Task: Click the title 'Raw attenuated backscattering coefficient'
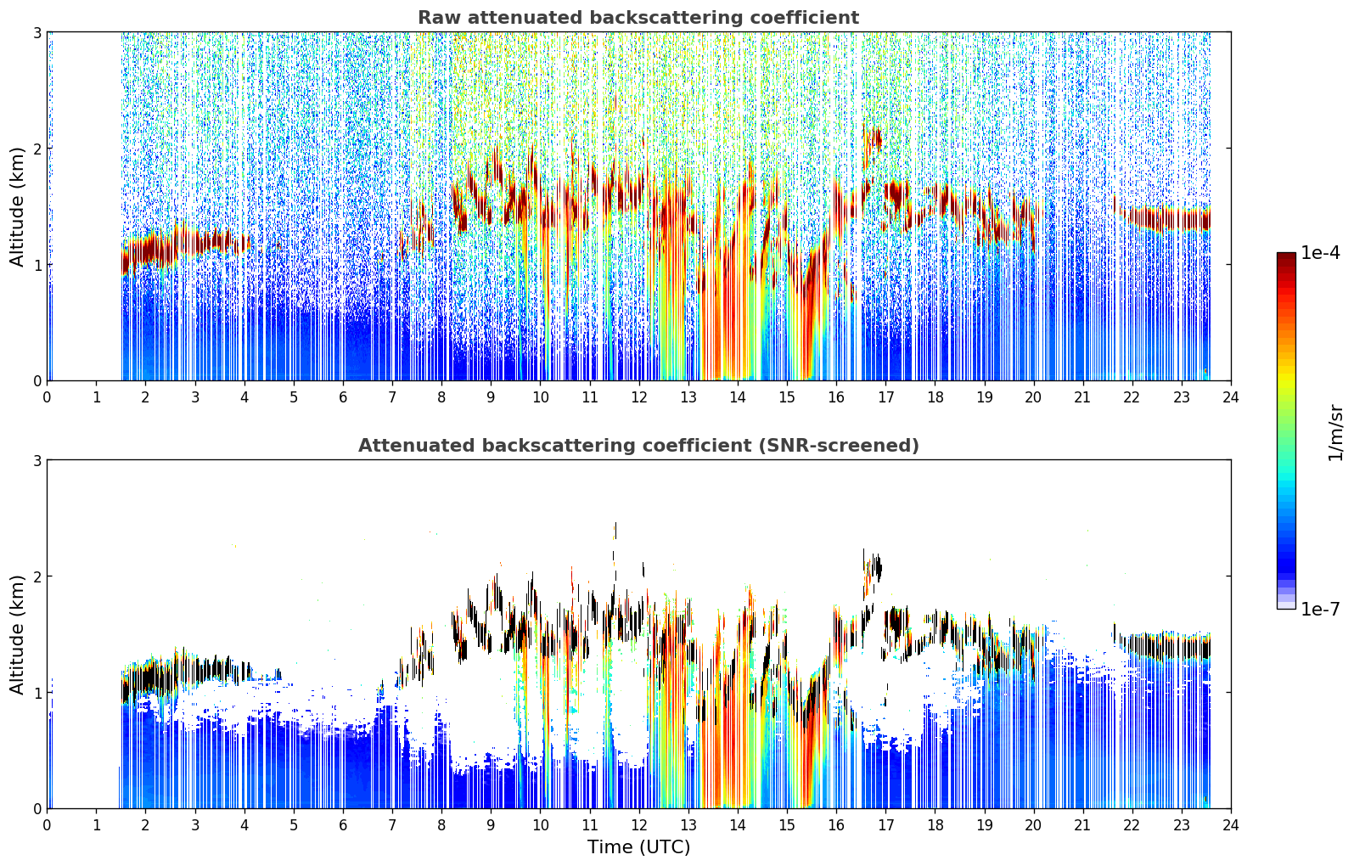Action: point(638,18)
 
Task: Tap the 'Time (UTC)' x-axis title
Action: point(638,847)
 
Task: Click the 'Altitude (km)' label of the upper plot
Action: point(17,206)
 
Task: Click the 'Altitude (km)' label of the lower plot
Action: point(17,634)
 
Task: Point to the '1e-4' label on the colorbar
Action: point(1320,253)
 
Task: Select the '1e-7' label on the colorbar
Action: point(1320,609)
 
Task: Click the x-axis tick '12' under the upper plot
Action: point(639,397)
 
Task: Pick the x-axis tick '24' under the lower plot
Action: point(1231,825)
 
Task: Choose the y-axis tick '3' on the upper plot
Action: point(37,32)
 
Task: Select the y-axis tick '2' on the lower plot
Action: point(37,576)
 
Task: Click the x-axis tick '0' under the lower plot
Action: point(48,825)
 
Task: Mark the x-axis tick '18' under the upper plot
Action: point(935,397)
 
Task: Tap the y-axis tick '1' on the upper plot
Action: point(37,264)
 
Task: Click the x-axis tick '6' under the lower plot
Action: point(343,825)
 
